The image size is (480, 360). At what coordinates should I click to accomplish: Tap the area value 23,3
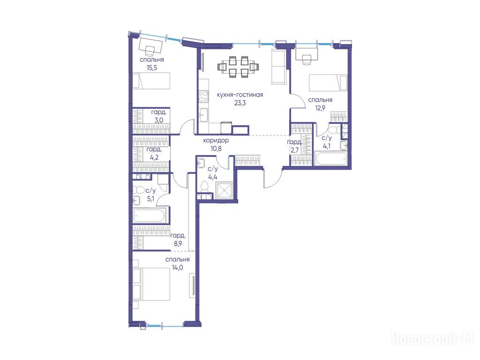[240, 103]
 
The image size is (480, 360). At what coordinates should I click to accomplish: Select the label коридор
[216, 141]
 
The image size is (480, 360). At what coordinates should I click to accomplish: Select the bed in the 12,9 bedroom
[328, 82]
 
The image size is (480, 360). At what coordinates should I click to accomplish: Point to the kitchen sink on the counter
[203, 115]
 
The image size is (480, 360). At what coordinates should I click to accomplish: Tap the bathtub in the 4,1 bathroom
[330, 158]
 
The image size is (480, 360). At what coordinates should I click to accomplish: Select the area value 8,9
[178, 244]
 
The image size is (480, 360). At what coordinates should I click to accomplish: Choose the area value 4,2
[154, 157]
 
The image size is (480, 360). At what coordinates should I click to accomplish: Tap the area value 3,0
[158, 120]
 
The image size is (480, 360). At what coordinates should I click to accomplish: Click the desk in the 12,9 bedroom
[307, 54]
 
